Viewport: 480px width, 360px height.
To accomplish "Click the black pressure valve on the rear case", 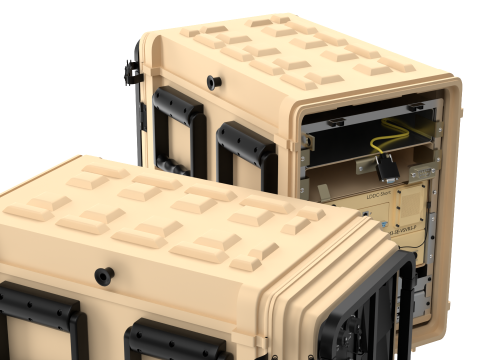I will pos(213,81).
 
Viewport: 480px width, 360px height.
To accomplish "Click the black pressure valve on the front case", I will pos(103,274).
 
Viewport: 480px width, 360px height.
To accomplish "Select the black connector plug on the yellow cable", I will pos(389,170).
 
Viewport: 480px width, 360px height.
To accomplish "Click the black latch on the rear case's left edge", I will pos(130,71).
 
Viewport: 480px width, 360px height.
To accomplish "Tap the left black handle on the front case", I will pos(40,309).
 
